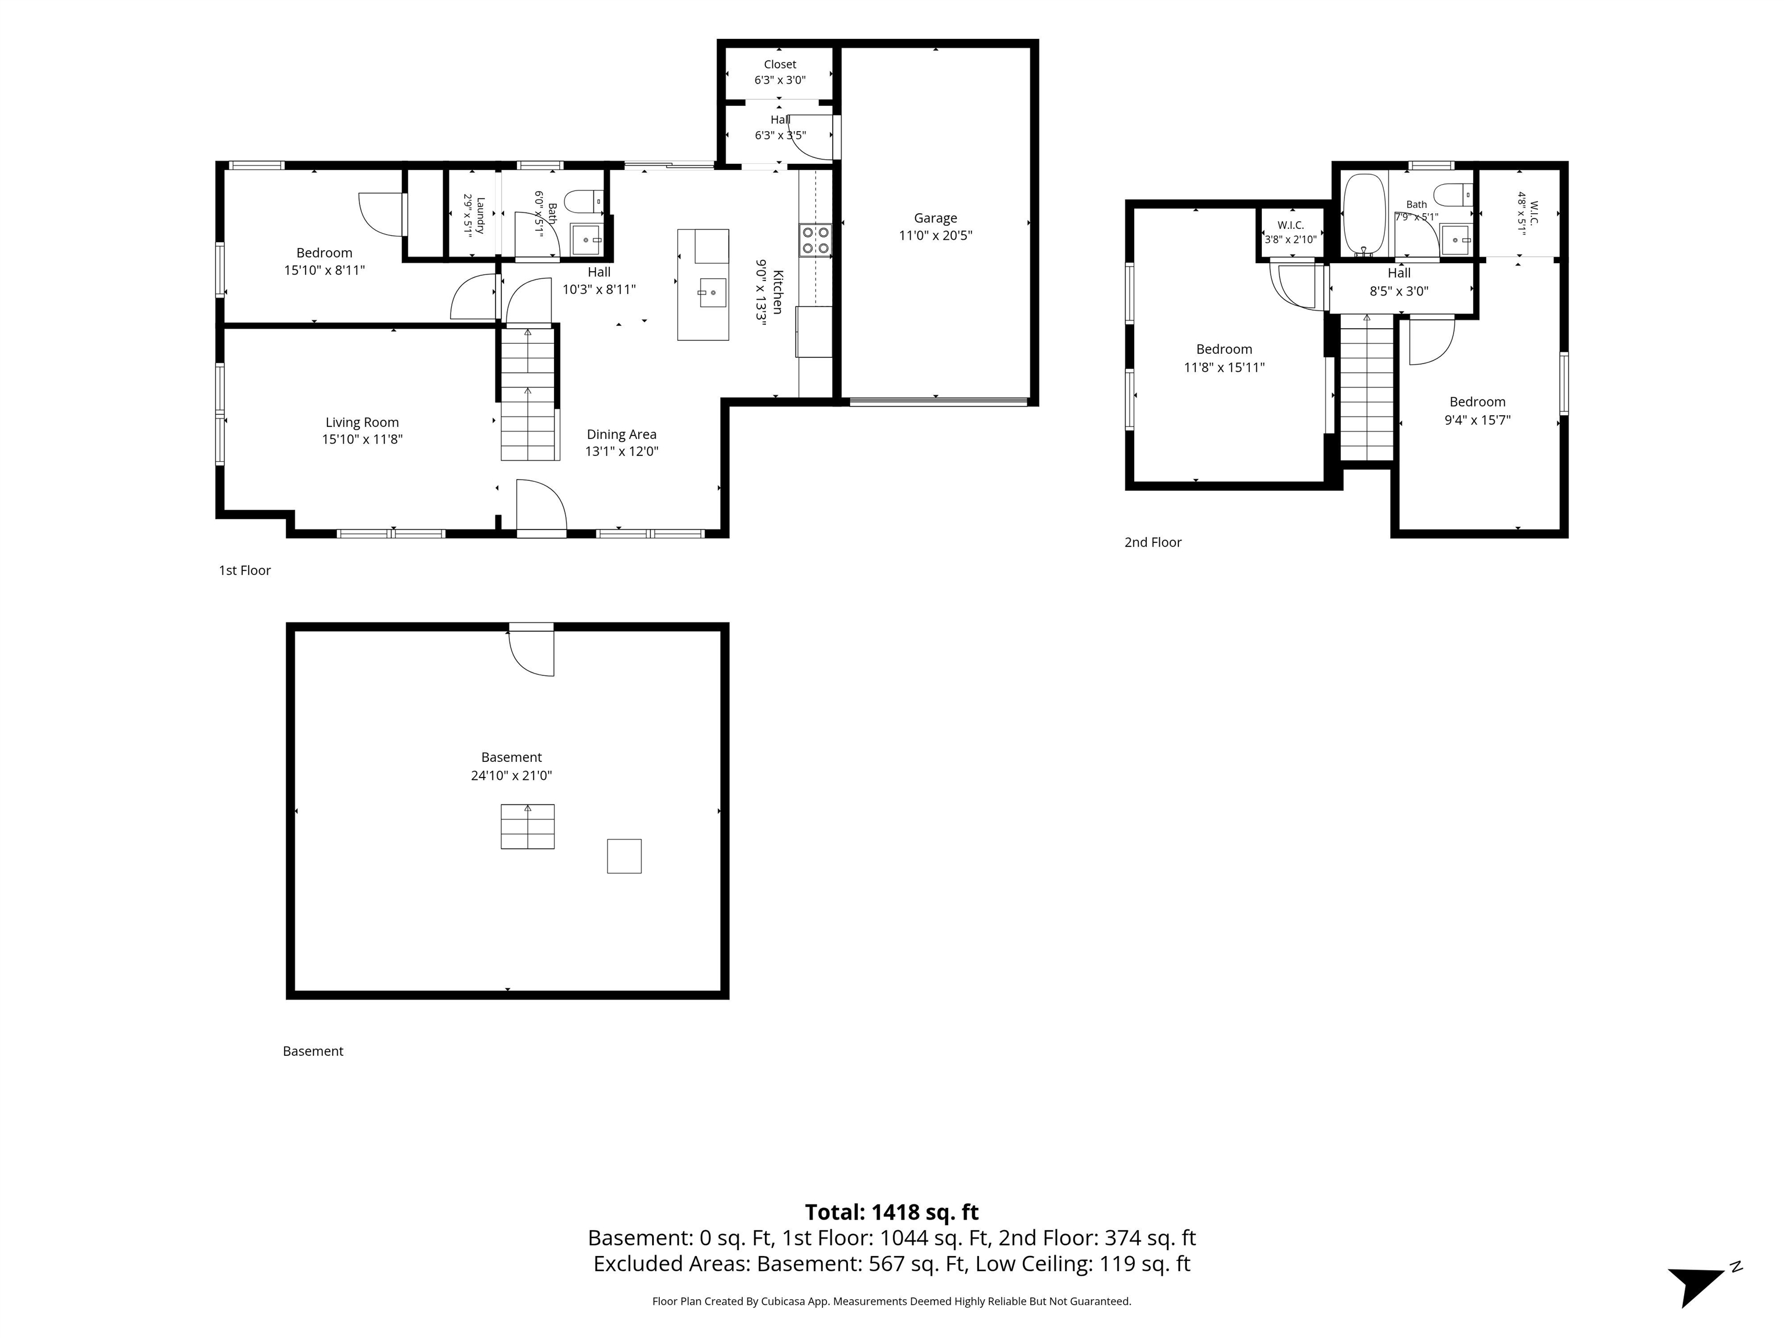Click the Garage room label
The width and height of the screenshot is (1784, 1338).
click(x=936, y=218)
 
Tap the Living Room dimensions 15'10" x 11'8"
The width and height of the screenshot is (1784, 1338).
click(x=362, y=440)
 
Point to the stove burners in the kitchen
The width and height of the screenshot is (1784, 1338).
click(x=815, y=239)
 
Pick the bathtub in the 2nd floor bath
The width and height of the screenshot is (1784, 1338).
click(x=1364, y=214)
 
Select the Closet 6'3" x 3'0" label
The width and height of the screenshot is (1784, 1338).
click(x=780, y=72)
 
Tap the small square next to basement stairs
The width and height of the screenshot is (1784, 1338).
click(x=624, y=856)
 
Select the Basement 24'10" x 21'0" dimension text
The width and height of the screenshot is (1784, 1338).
click(x=511, y=776)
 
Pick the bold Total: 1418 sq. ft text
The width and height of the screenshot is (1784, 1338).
click(x=892, y=1212)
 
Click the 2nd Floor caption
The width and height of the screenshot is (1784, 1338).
click(x=1153, y=542)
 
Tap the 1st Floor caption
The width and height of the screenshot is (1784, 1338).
click(x=244, y=570)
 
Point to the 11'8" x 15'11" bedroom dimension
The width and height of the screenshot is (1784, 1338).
click(x=1224, y=368)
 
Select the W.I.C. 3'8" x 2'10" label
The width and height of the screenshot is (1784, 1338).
click(x=1290, y=232)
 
